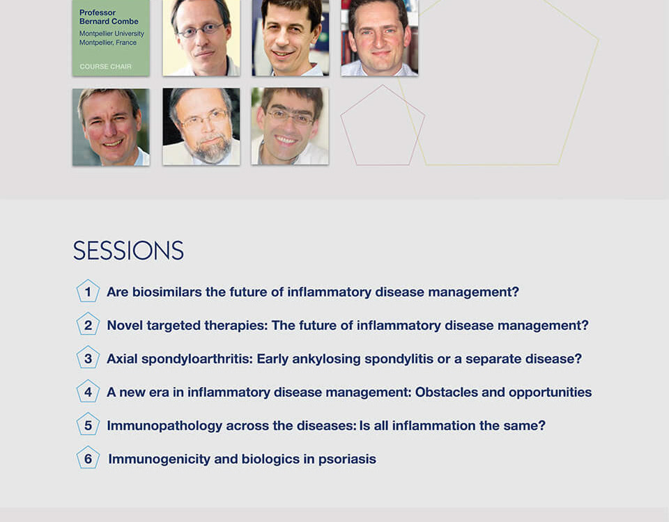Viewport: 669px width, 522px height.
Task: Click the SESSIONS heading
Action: click(x=128, y=250)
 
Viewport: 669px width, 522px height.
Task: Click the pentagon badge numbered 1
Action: click(x=88, y=291)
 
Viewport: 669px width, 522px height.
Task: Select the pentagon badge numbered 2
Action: click(x=88, y=324)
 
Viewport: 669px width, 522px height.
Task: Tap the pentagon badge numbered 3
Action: click(x=88, y=358)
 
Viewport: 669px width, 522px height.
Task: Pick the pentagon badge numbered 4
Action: click(x=88, y=391)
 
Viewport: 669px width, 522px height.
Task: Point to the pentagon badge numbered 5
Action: click(x=88, y=425)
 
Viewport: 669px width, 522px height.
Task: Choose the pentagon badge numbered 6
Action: click(x=88, y=458)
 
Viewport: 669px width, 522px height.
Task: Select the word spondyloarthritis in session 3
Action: click(x=197, y=359)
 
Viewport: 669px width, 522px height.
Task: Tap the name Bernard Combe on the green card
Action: click(x=109, y=22)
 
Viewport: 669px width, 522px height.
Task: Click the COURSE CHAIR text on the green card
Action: click(x=105, y=67)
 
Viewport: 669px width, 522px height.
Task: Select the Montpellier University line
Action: click(x=111, y=33)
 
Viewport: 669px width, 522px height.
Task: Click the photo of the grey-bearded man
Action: click(x=201, y=127)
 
